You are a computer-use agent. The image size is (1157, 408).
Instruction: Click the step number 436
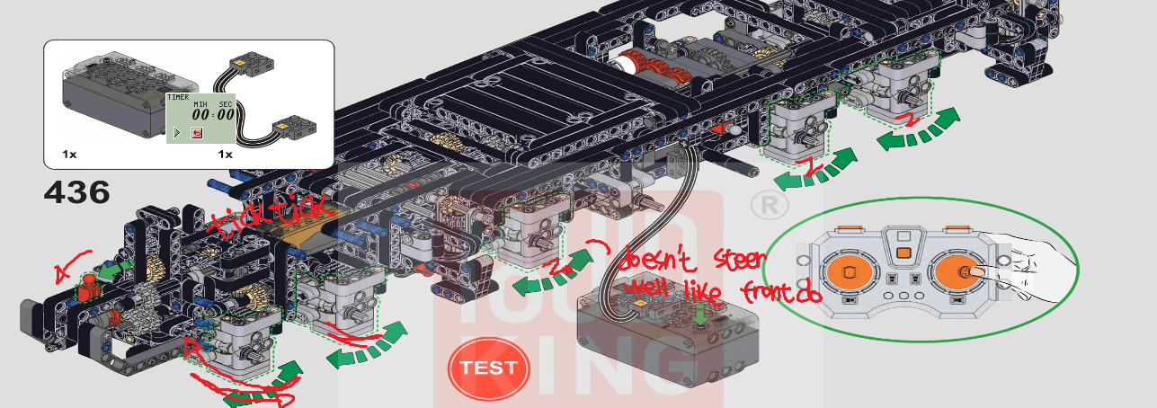(x=76, y=191)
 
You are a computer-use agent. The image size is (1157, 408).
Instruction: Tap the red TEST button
(x=488, y=368)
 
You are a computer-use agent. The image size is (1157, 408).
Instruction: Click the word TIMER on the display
(x=178, y=96)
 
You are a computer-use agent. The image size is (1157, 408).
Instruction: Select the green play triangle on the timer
(x=177, y=133)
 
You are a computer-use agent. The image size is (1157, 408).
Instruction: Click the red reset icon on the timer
(x=196, y=133)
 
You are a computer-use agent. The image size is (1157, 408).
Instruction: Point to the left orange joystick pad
(x=849, y=271)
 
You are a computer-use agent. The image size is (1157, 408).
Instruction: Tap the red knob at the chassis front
(x=88, y=292)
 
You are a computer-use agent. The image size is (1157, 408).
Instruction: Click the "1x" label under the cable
(x=225, y=155)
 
